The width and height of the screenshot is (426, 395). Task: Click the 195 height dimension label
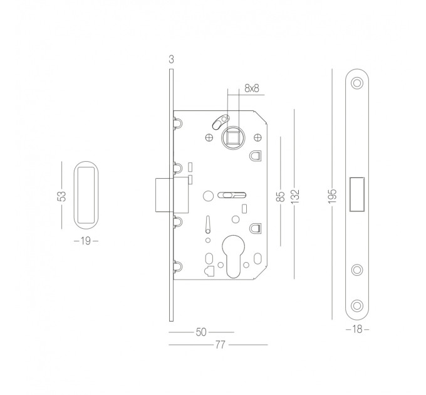pos(332,196)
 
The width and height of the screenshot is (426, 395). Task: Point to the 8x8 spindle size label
pos(252,88)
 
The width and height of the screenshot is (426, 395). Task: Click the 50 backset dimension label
pos(201,332)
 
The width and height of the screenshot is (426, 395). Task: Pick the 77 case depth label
pos(220,345)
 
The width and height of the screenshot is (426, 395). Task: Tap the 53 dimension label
pos(62,196)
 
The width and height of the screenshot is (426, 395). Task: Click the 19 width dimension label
pos(86,241)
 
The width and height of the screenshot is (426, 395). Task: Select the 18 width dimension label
pos(357,329)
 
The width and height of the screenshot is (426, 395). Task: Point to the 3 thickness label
pos(171,59)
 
